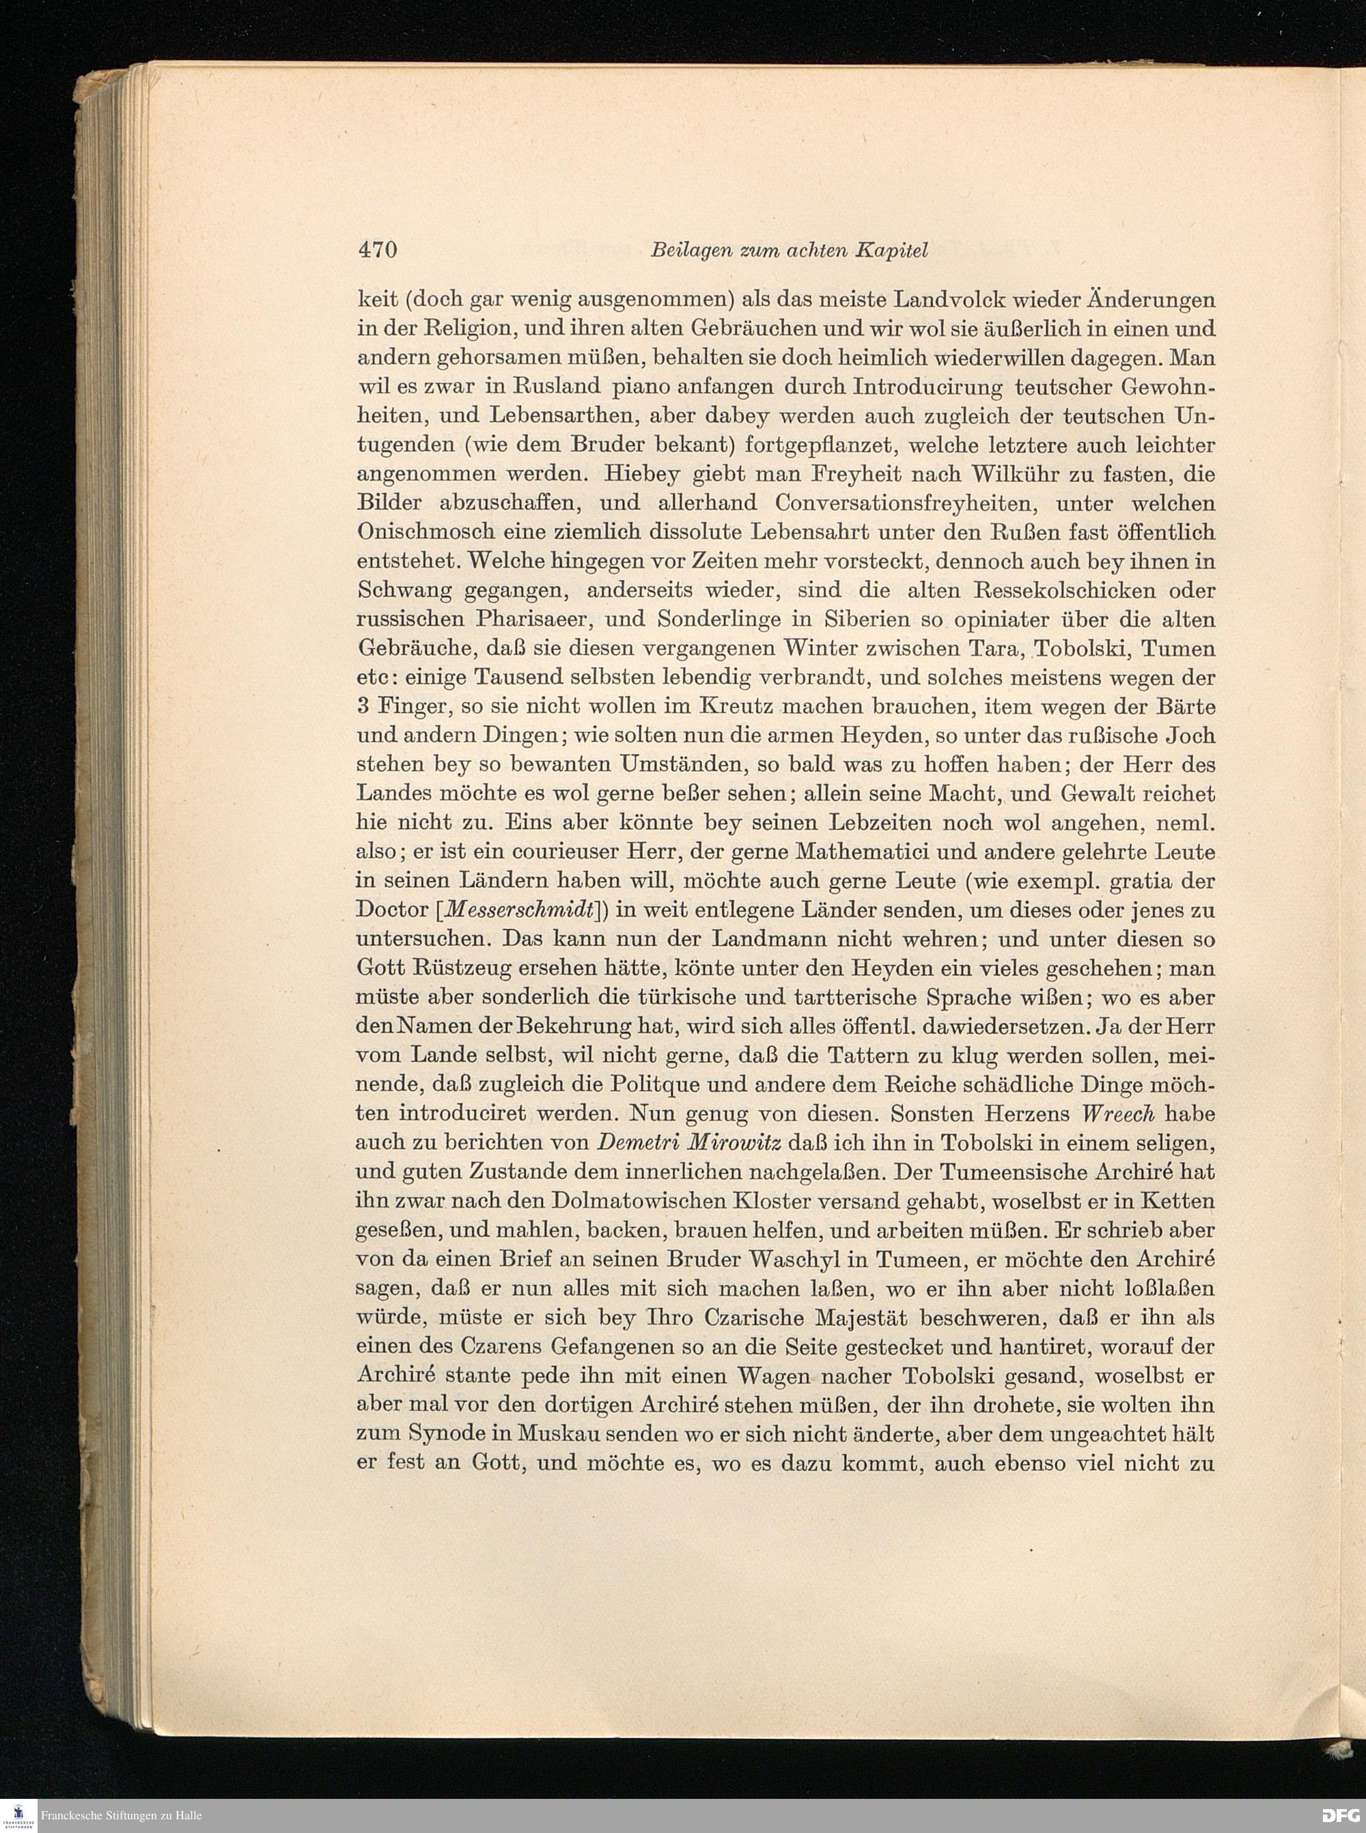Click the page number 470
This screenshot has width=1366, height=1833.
pyautogui.click(x=378, y=250)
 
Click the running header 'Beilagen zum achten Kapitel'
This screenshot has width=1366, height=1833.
pyautogui.click(x=789, y=251)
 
